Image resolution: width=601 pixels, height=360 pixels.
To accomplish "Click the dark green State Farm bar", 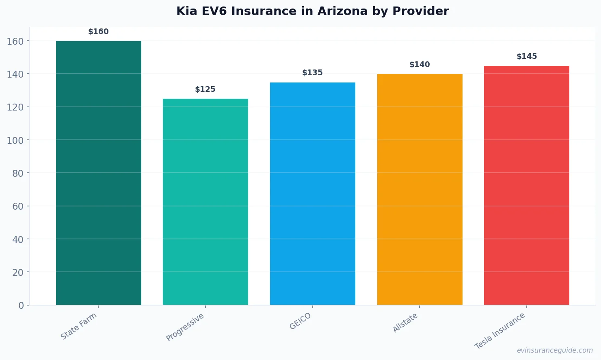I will (98, 173).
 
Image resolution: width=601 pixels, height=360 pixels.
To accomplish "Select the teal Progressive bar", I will (205, 202).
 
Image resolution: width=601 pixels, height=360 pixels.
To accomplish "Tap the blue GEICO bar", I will (312, 193).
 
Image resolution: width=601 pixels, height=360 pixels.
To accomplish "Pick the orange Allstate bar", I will (419, 189).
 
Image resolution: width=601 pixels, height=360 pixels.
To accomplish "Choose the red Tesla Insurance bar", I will (526, 185).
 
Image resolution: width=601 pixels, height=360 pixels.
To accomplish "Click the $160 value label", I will (98, 32).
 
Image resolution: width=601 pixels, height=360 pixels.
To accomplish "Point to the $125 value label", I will (205, 89).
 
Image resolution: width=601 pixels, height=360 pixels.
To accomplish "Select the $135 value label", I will (312, 73).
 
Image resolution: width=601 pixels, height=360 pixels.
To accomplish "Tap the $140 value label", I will (419, 65).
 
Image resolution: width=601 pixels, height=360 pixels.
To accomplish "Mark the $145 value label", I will (526, 56).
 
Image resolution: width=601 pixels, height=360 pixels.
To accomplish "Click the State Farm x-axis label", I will (79, 326).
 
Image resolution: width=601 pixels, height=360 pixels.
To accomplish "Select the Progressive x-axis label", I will (185, 327).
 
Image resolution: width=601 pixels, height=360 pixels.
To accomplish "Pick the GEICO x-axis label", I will (300, 321).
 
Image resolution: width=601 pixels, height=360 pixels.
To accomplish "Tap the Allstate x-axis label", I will (405, 323).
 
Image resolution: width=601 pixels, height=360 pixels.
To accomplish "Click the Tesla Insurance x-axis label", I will (500, 331).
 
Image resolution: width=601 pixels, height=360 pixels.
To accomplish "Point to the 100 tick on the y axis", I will (15, 140).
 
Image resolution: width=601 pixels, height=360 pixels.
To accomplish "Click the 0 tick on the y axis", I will (21, 306).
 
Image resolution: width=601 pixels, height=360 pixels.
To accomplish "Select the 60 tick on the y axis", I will (18, 206).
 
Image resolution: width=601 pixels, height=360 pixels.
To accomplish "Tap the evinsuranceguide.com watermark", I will (554, 350).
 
